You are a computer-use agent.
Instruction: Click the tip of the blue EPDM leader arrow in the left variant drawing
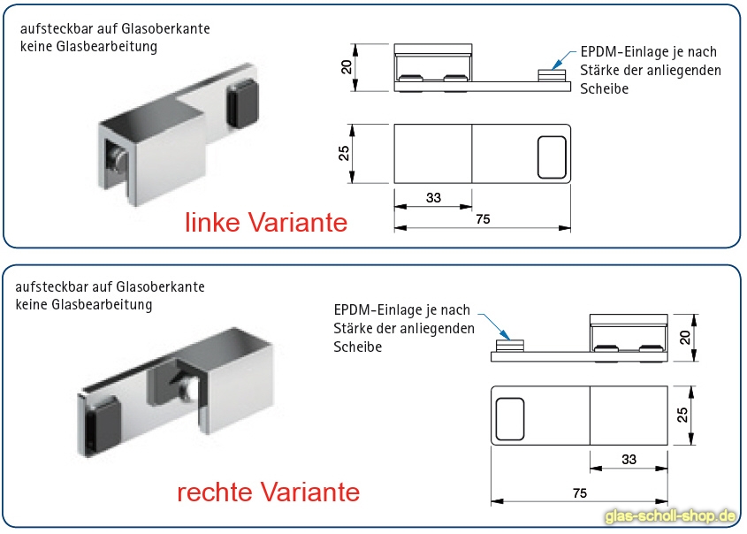[x=553, y=70]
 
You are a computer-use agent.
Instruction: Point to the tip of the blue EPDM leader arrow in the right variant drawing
[x=509, y=339]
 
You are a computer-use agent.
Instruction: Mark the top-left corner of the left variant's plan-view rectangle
[x=394, y=125]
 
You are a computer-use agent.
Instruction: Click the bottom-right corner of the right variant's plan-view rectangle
[x=667, y=445]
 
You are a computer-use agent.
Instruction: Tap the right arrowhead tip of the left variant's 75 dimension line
[x=571, y=228]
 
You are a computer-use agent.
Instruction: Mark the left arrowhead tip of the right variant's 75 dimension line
[x=492, y=501]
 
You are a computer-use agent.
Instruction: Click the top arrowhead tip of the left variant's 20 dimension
[x=354, y=44]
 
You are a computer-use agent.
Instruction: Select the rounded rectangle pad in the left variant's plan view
[x=552, y=157]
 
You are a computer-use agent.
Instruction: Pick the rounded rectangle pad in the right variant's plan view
[x=510, y=419]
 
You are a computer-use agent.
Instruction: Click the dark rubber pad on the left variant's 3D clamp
[x=242, y=105]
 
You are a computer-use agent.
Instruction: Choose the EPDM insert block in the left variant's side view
[x=553, y=76]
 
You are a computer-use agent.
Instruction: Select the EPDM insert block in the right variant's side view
[x=510, y=347]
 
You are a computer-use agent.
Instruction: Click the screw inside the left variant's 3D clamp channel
[x=116, y=158]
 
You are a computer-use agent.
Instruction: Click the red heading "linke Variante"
[x=266, y=223]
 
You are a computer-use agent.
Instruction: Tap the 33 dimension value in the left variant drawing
[x=433, y=198]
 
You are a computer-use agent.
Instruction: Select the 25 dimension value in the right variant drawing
[x=682, y=415]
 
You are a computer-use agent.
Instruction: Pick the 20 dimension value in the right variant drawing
[x=684, y=338]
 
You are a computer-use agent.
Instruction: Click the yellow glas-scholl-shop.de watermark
[x=671, y=516]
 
